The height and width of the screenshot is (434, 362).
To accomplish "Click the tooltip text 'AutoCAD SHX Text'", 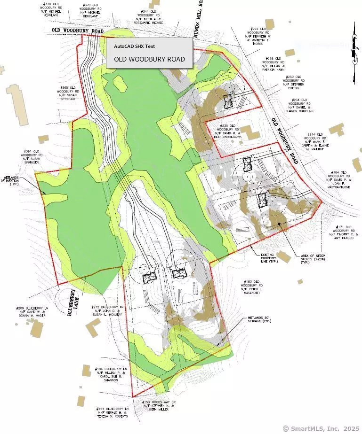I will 134,46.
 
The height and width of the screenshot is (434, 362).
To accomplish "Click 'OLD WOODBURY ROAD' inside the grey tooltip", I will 149,60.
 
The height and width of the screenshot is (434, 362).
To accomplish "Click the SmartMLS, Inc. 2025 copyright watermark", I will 321,428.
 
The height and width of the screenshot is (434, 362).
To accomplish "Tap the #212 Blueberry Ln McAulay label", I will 108,310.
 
